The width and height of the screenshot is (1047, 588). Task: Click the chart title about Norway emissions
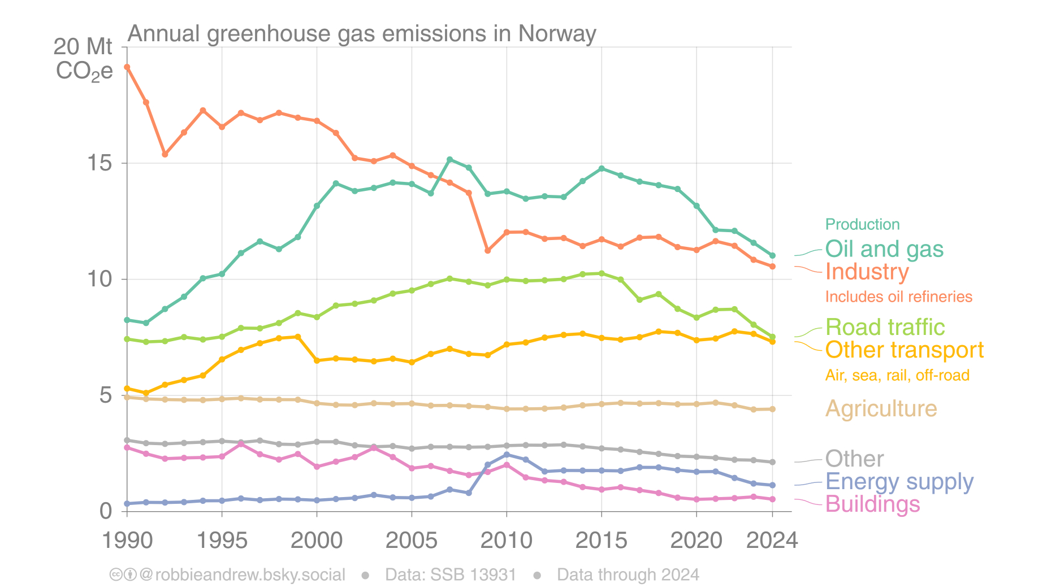point(362,34)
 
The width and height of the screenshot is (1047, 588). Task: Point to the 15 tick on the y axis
point(99,163)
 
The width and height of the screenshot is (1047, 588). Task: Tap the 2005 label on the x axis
point(412,541)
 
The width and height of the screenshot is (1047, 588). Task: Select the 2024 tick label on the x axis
point(772,541)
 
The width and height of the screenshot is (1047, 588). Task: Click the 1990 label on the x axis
point(127,541)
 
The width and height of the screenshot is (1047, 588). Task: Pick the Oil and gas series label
point(884,249)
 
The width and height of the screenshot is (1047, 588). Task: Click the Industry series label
point(867,272)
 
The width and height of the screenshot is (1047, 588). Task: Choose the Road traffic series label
point(885,328)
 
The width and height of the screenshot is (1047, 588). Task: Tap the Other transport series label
point(904,350)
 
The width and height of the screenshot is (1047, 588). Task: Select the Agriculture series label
point(881,409)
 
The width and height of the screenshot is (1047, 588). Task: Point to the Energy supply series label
point(899,482)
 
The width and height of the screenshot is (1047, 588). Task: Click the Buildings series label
point(872,504)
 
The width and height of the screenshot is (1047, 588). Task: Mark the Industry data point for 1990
point(127,67)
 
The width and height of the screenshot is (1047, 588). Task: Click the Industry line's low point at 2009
point(487,250)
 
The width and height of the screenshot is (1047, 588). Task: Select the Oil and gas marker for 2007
point(449,160)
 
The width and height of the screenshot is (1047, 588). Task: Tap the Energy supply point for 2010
point(507,455)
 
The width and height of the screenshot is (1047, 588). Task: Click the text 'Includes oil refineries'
point(898,297)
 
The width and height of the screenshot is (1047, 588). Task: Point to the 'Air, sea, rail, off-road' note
point(897,376)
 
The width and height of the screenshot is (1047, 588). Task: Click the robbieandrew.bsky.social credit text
point(242,575)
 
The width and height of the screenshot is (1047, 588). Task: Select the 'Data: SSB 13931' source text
point(451,575)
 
